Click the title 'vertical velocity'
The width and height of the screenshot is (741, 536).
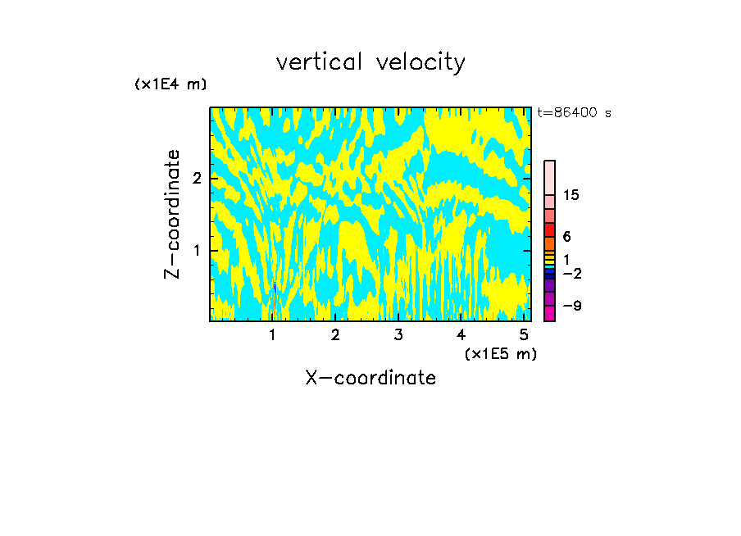370,62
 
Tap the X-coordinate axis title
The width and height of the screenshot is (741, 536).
370,378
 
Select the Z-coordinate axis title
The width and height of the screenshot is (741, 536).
172,214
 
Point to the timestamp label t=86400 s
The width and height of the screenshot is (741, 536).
575,113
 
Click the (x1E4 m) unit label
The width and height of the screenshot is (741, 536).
170,84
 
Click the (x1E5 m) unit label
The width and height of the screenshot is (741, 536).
500,353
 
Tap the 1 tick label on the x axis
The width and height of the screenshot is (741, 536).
272,334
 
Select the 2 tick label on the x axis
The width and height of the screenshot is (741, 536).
335,334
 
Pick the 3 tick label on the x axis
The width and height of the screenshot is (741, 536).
398,334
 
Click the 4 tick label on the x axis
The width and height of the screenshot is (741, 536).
461,334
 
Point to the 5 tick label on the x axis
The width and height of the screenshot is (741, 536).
524,334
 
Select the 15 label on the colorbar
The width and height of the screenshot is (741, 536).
571,195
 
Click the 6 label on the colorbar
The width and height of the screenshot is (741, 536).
566,237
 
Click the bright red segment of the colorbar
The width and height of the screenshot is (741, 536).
549,229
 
